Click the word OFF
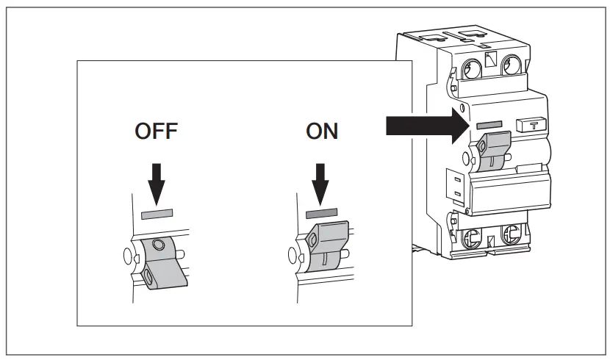coord(156,132)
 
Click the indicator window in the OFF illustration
coord(156,214)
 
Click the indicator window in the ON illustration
coord(321,213)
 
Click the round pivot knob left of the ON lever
coord(295,256)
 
